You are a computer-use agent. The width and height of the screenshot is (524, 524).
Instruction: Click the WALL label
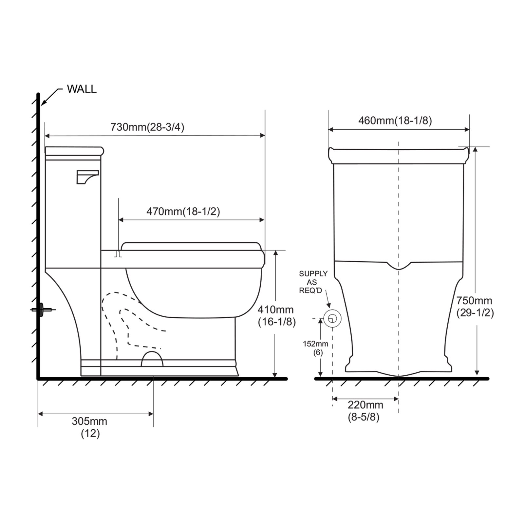click(x=82, y=89)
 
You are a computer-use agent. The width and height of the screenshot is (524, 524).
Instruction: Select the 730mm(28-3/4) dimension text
click(x=147, y=127)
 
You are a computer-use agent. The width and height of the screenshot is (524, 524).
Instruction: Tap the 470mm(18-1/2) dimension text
click(x=183, y=212)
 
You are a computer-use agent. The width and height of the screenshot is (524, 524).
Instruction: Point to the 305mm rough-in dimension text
click(x=90, y=427)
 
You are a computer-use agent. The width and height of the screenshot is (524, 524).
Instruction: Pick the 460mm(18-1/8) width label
click(x=395, y=121)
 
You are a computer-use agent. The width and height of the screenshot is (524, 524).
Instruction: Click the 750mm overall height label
click(x=475, y=307)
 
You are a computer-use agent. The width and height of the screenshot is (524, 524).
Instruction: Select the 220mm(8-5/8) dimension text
click(x=365, y=411)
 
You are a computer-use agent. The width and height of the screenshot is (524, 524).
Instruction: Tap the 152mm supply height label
click(x=316, y=348)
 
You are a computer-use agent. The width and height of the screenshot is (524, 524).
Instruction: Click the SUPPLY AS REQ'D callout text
click(x=313, y=282)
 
